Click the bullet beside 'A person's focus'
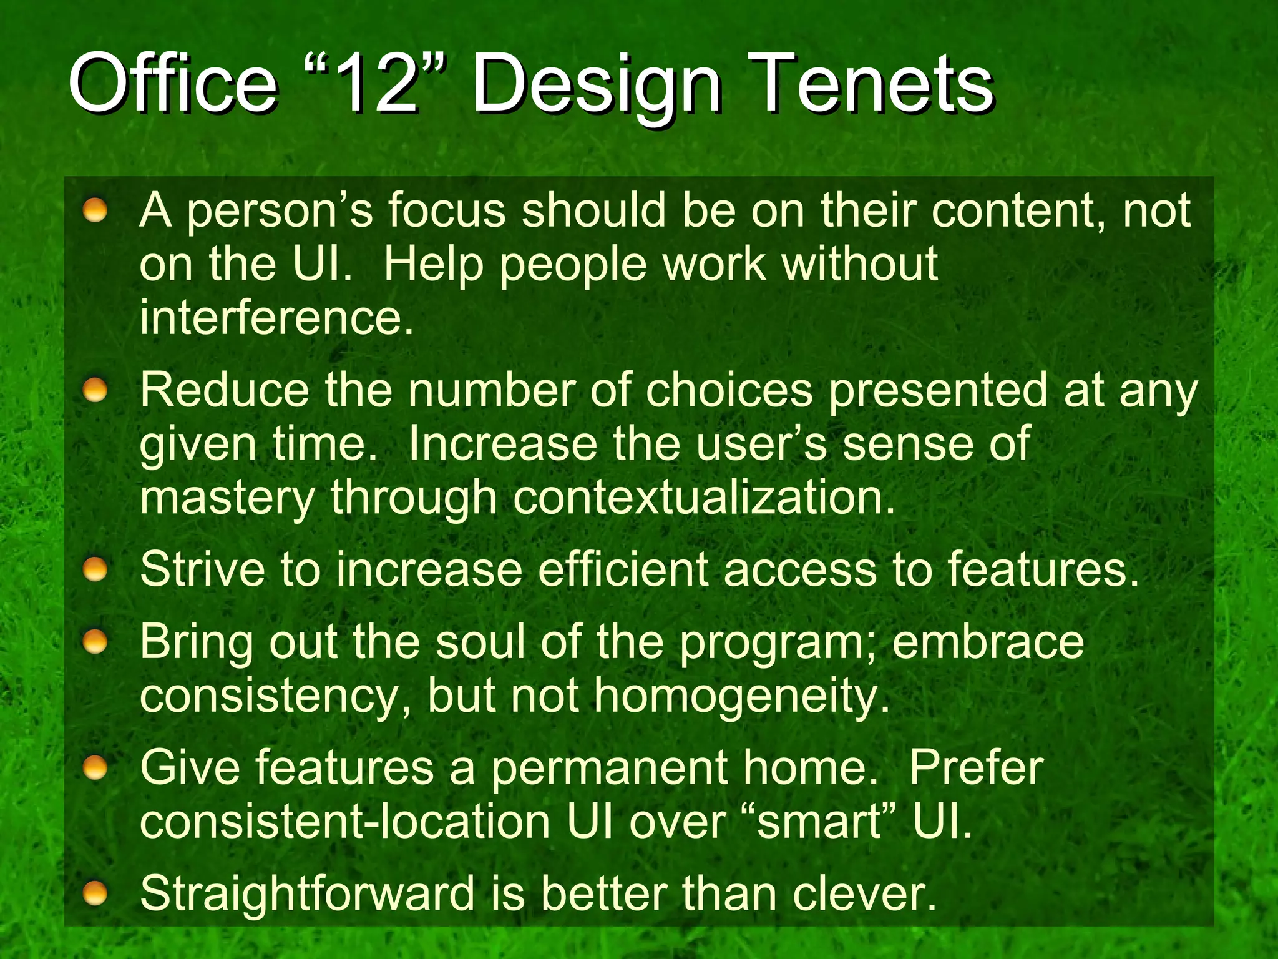tap(95, 210)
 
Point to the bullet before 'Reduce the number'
tap(95, 390)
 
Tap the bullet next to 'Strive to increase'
tap(95, 569)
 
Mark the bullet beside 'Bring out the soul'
tap(95, 641)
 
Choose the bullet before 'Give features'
tap(95, 767)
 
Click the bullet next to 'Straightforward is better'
tap(95, 893)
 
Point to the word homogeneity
tap(741, 696)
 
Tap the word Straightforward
tap(307, 893)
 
